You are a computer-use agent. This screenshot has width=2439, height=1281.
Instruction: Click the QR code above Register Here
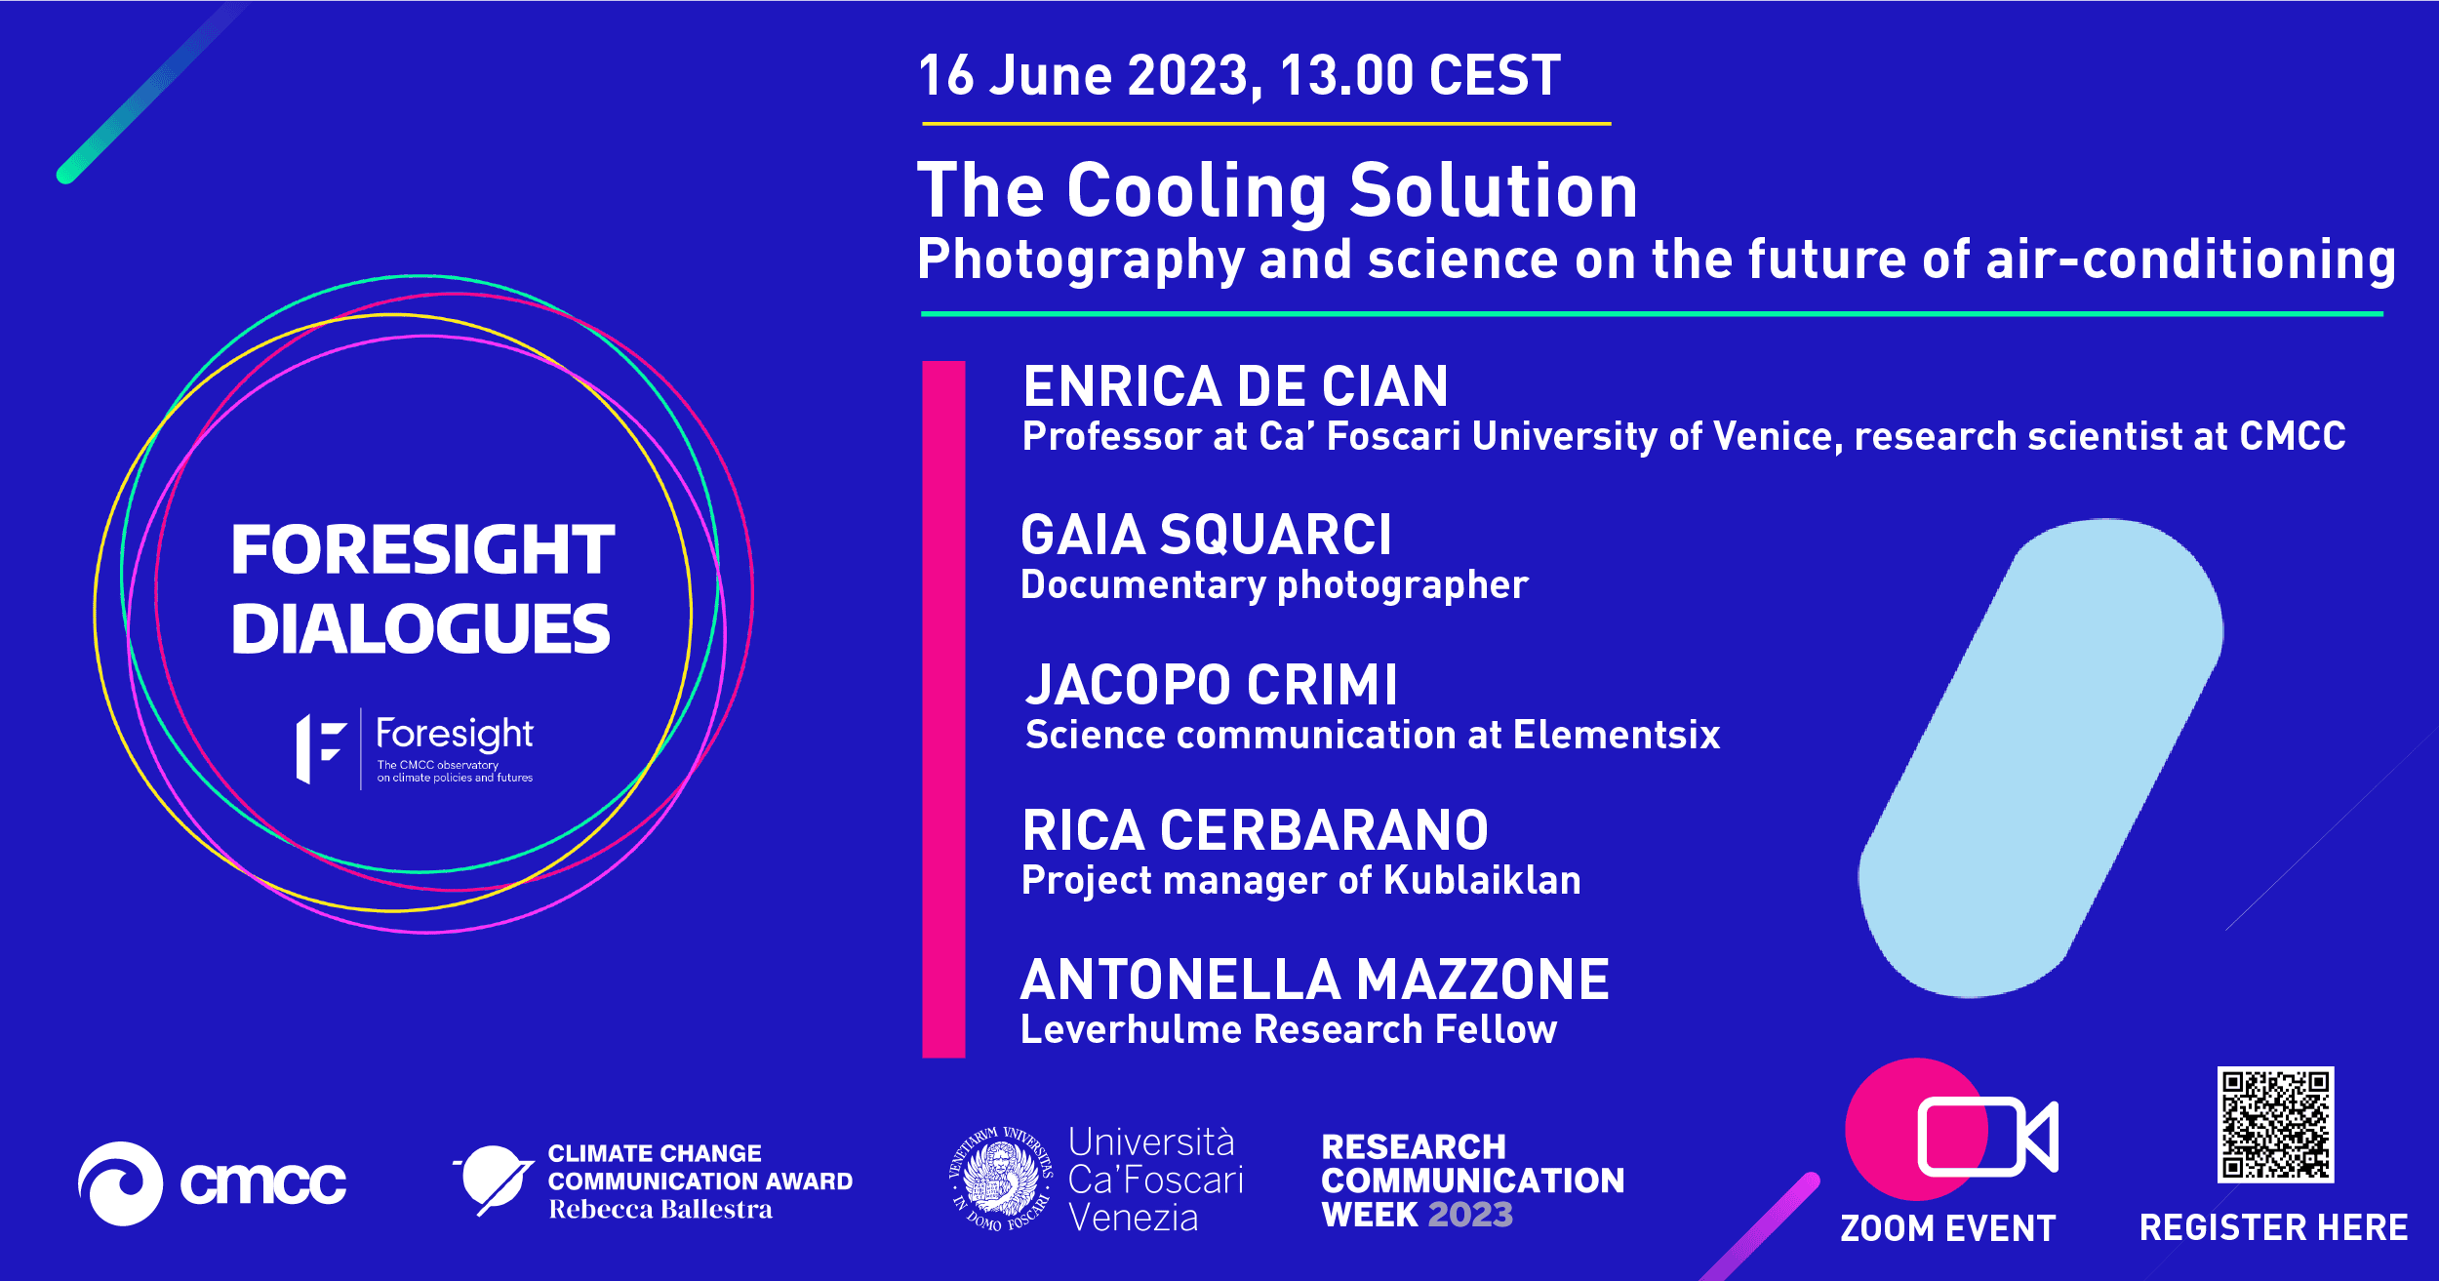click(2275, 1124)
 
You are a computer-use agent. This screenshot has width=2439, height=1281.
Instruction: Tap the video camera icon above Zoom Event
click(1987, 1137)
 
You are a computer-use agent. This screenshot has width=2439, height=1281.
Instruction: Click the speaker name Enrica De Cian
click(1235, 386)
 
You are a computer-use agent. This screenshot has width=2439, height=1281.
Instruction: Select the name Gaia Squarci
click(1206, 535)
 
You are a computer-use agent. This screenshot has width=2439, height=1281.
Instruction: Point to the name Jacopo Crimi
click(1212, 684)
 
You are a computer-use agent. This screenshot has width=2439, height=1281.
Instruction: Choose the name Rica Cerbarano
click(1255, 830)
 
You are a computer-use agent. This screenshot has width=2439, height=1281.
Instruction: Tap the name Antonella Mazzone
click(1314, 980)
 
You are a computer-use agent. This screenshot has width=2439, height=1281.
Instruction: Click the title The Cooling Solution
click(1277, 190)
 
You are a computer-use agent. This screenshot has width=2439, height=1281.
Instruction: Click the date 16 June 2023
click(1083, 75)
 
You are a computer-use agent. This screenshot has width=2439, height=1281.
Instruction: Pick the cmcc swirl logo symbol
click(120, 1183)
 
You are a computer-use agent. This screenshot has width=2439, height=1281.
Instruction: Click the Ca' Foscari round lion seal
click(1001, 1178)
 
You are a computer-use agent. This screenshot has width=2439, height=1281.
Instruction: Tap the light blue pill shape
click(2040, 757)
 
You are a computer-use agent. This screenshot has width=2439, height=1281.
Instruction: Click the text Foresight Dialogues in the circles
click(421, 589)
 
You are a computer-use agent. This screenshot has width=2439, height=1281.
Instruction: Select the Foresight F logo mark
click(321, 748)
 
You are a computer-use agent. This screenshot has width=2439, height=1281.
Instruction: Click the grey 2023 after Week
click(1470, 1215)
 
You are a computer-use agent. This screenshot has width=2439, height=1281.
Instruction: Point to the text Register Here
click(2273, 1227)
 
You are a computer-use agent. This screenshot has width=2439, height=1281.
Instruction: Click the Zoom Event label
click(1947, 1228)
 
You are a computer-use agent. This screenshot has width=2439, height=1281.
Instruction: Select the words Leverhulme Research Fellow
click(1289, 1030)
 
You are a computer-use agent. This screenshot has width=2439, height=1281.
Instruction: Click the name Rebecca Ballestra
click(660, 1210)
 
